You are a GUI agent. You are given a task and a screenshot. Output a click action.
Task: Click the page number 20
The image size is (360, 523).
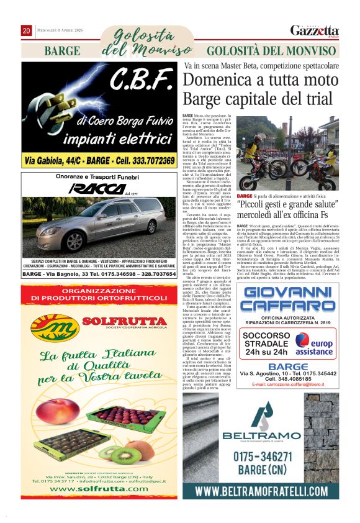coord(27,30)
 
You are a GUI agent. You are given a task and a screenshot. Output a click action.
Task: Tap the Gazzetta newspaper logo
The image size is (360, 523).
coord(315,31)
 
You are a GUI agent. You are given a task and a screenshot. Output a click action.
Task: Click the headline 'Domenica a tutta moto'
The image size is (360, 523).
coord(260,80)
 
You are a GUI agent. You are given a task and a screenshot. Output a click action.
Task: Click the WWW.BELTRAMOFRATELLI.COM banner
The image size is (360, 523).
coord(270,492)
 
